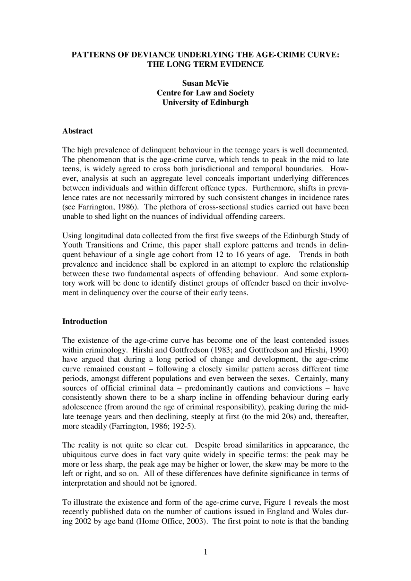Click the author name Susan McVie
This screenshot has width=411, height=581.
[205, 83]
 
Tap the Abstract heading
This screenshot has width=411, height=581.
[77, 131]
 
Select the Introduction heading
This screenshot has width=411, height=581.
[85, 321]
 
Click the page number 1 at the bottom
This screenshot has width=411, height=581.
[205, 552]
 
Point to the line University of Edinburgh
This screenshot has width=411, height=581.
[205, 103]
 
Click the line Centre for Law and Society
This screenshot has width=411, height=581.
[205, 93]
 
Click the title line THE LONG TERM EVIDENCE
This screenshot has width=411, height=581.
[205, 64]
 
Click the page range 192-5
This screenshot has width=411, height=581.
[182, 426]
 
